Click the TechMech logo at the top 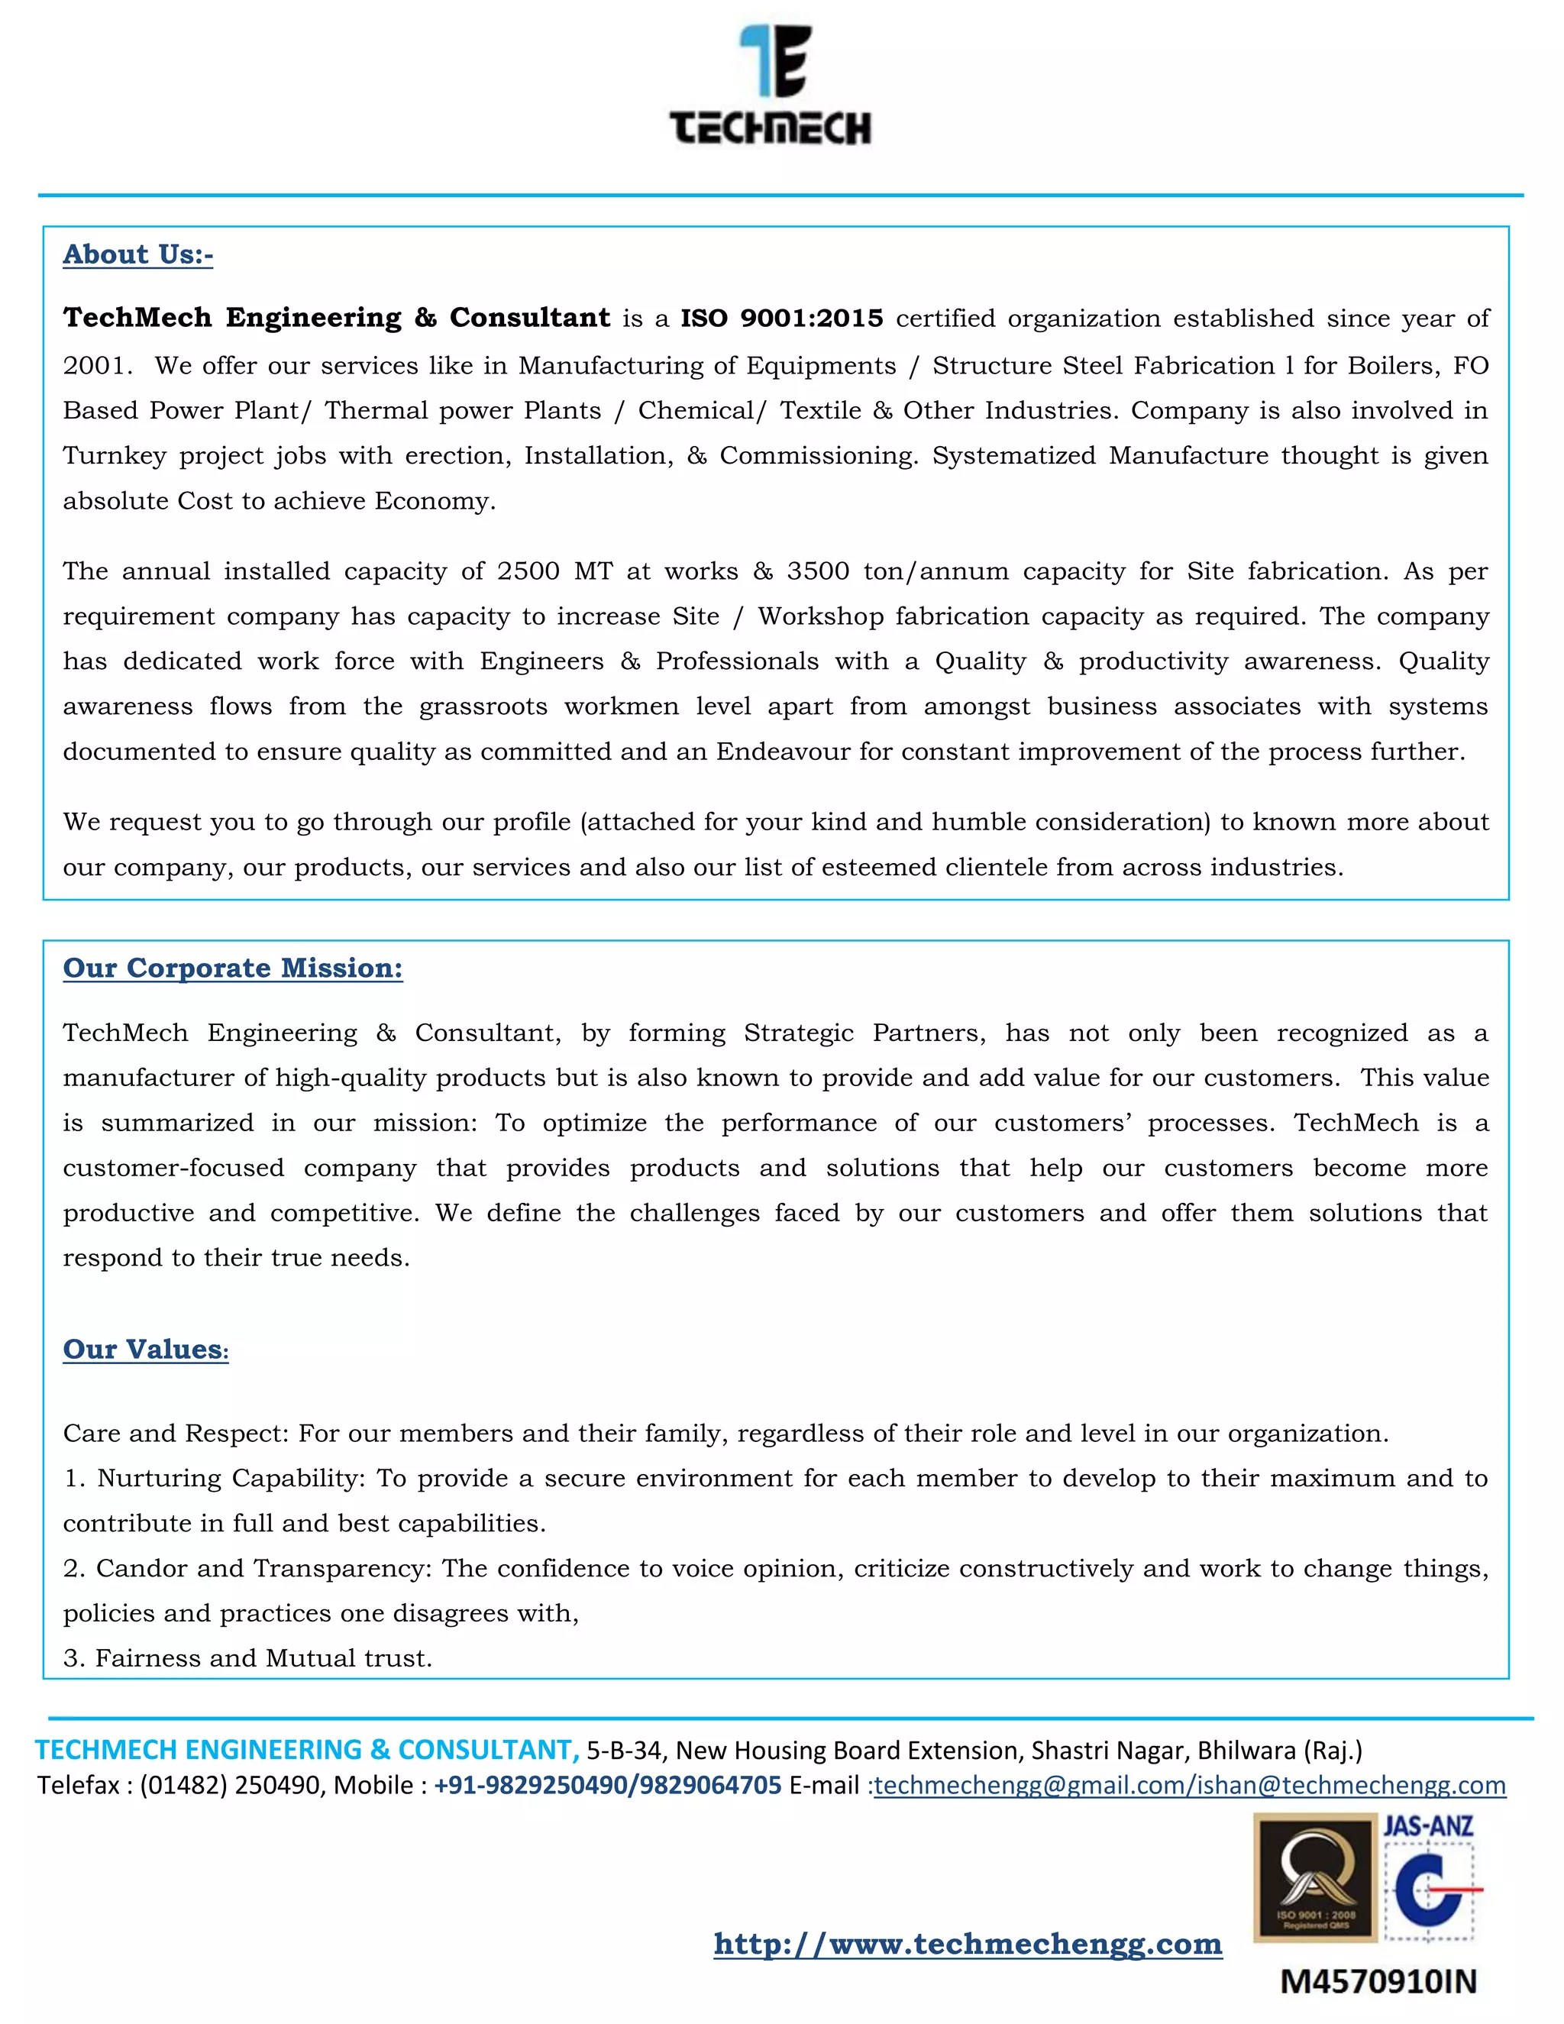771,86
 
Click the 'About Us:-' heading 138,254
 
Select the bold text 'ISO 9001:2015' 781,318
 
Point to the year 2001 92,365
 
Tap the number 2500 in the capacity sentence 528,571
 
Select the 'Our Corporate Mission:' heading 233,968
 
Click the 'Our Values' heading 144,1350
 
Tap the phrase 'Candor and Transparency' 263,1568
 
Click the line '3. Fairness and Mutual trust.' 247,1658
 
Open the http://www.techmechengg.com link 968,1942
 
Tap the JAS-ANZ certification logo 1429,1881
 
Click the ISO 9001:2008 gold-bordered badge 1315,1877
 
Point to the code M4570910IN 1378,1981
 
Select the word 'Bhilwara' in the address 1246,1750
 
